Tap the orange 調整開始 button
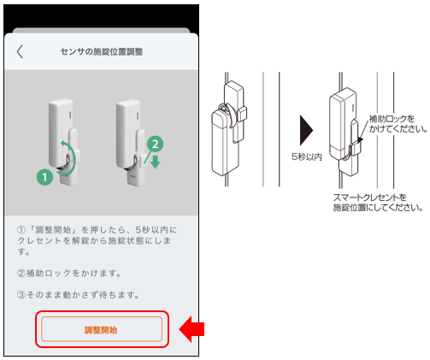click(x=102, y=328)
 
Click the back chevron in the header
click(x=20, y=51)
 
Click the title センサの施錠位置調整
click(x=102, y=51)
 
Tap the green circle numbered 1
click(x=44, y=177)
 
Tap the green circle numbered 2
click(x=155, y=144)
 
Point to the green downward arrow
click(x=156, y=162)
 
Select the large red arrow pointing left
click(x=191, y=329)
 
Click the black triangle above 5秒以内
click(x=306, y=130)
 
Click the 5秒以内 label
click(x=307, y=156)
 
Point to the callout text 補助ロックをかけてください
click(x=398, y=124)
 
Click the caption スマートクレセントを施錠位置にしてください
click(x=378, y=203)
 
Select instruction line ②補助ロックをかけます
click(x=69, y=273)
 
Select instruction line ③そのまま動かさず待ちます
click(x=78, y=295)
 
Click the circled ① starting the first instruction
click(x=21, y=230)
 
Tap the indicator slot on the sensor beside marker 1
click(x=70, y=115)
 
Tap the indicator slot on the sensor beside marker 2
click(x=138, y=115)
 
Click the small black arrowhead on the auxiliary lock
click(x=360, y=139)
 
